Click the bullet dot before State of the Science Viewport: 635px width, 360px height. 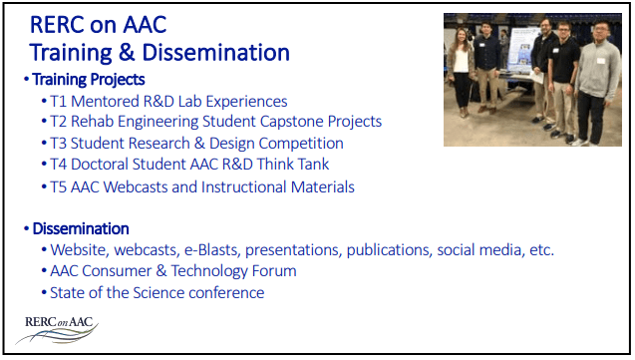coord(44,293)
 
